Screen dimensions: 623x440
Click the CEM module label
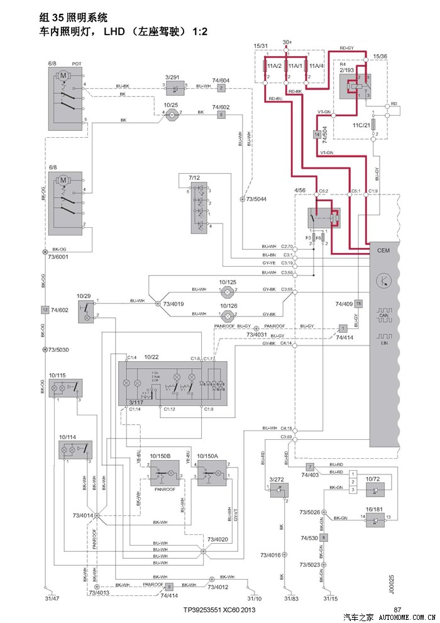pyautogui.click(x=384, y=249)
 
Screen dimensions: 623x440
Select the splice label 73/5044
pyautogui.click(x=256, y=199)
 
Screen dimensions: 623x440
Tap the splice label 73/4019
pyautogui.click(x=173, y=304)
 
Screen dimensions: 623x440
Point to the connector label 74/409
pyautogui.click(x=343, y=304)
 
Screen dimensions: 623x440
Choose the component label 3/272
pyautogui.click(x=277, y=480)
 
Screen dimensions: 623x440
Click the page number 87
pyautogui.click(x=397, y=609)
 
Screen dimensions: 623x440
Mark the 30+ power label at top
pyautogui.click(x=287, y=42)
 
